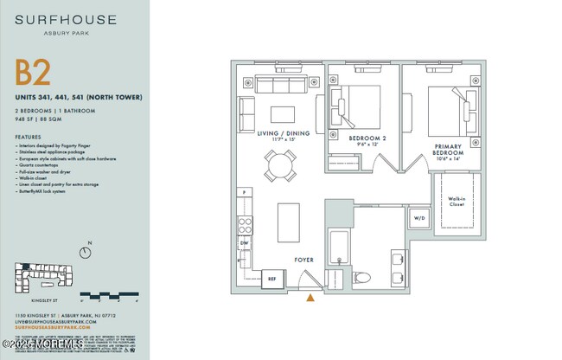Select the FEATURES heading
pos(28,137)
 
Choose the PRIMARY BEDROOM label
pos(454,149)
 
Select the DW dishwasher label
pos(245,244)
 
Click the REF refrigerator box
pos(271,279)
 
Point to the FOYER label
pos(303,260)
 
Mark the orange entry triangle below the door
pos(310,299)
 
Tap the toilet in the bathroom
pos(362,277)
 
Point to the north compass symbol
pos(85,252)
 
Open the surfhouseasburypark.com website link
pos(53,329)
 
